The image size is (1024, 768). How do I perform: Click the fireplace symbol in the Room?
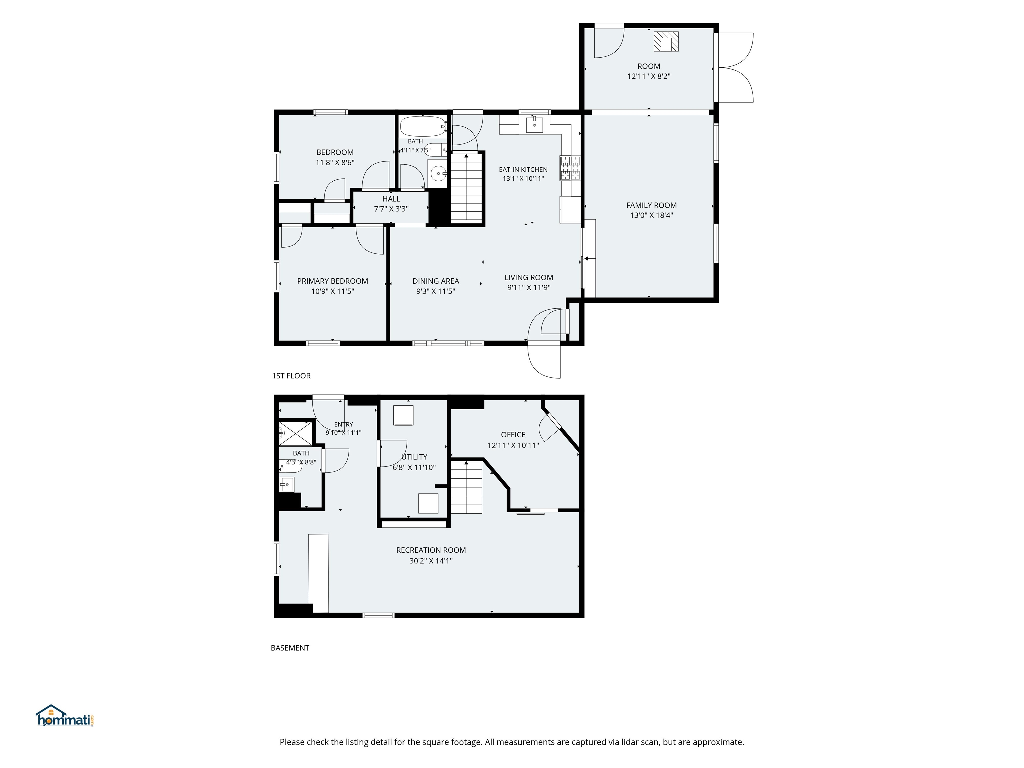[x=666, y=41]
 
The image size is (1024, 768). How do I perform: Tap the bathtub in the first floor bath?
[x=423, y=126]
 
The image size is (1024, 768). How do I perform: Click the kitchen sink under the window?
[x=534, y=125]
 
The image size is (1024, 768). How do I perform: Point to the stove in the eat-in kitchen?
[x=570, y=168]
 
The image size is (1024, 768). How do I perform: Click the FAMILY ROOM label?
[x=651, y=205]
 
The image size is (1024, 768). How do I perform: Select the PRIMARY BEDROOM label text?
[x=332, y=281]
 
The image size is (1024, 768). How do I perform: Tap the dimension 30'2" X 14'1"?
[x=431, y=561]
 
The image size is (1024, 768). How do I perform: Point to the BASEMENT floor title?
[x=290, y=648]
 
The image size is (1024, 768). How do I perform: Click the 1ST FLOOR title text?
[x=291, y=375]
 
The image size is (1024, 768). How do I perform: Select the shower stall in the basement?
[x=295, y=433]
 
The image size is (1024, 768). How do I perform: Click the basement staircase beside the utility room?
[x=467, y=487]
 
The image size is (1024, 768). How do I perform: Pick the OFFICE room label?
[x=513, y=435]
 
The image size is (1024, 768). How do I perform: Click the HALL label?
[x=391, y=199]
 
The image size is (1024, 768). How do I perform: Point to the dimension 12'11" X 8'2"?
[x=649, y=76]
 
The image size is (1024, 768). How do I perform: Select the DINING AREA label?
[x=436, y=281]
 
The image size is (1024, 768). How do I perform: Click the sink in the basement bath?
[x=287, y=484]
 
